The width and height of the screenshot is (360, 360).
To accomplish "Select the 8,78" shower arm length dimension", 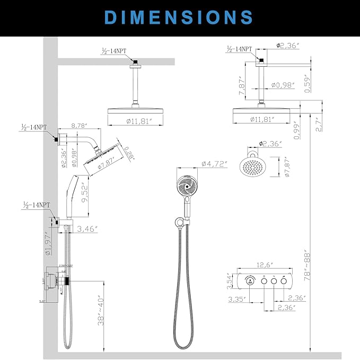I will point(82,126).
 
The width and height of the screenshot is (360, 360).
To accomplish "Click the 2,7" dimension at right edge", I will point(319,123).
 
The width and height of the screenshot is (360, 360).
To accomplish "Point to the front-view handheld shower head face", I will point(183,187).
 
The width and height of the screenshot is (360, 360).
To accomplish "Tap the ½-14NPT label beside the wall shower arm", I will point(34,128).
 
